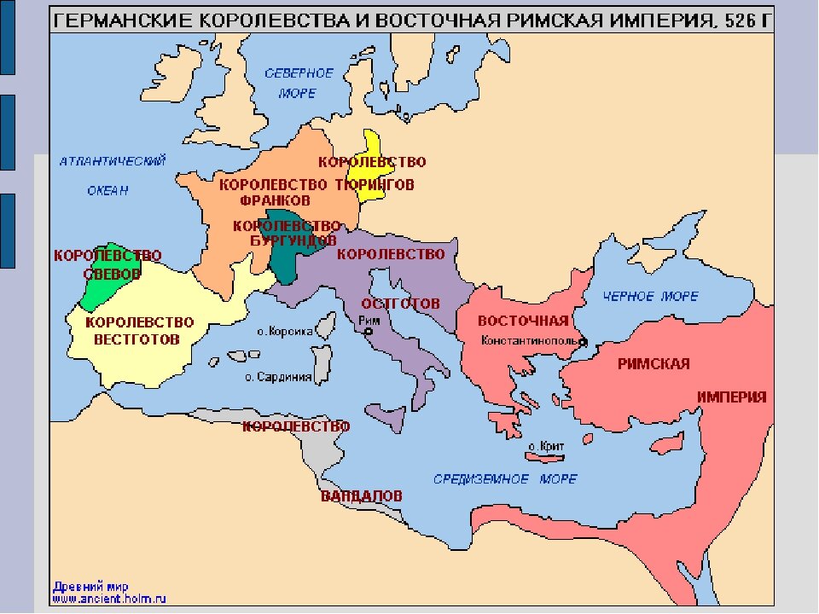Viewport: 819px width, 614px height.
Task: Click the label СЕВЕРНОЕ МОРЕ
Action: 299,84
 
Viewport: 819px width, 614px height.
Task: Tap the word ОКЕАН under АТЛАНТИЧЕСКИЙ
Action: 107,191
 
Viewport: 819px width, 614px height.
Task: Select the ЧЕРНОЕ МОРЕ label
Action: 650,297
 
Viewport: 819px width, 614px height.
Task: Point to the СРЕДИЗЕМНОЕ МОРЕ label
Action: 505,479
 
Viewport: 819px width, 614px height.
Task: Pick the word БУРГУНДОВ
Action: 287,240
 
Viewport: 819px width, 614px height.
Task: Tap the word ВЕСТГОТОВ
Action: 136,339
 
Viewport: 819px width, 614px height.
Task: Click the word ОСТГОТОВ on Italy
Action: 400,304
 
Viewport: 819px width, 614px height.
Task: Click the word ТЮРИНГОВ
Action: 375,184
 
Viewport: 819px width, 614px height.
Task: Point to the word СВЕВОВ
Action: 111,274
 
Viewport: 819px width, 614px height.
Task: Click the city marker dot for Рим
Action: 369,332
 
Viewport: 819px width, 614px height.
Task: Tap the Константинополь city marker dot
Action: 584,343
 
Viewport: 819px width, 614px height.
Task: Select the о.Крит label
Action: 546,445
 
